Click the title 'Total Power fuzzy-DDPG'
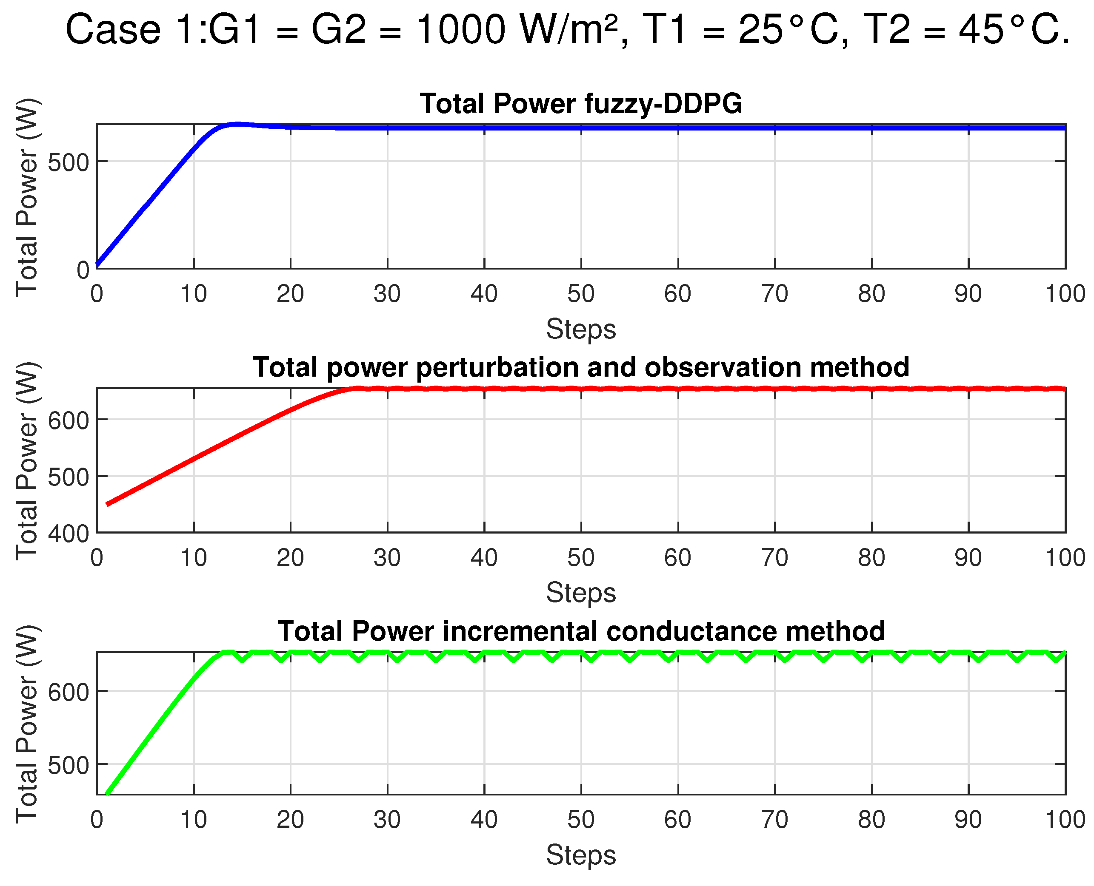(x=581, y=104)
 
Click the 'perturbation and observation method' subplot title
(x=581, y=367)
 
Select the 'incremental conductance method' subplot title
(x=581, y=631)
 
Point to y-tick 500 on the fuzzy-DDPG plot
(x=68, y=163)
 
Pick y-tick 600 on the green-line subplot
(x=68, y=693)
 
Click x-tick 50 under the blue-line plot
(x=581, y=294)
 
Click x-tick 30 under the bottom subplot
(x=387, y=821)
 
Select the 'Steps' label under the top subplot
(x=581, y=329)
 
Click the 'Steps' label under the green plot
(x=581, y=855)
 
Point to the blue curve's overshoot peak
(x=237, y=124)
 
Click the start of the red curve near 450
(x=108, y=504)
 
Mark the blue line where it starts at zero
(x=97, y=265)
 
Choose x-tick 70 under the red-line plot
(x=774, y=558)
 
